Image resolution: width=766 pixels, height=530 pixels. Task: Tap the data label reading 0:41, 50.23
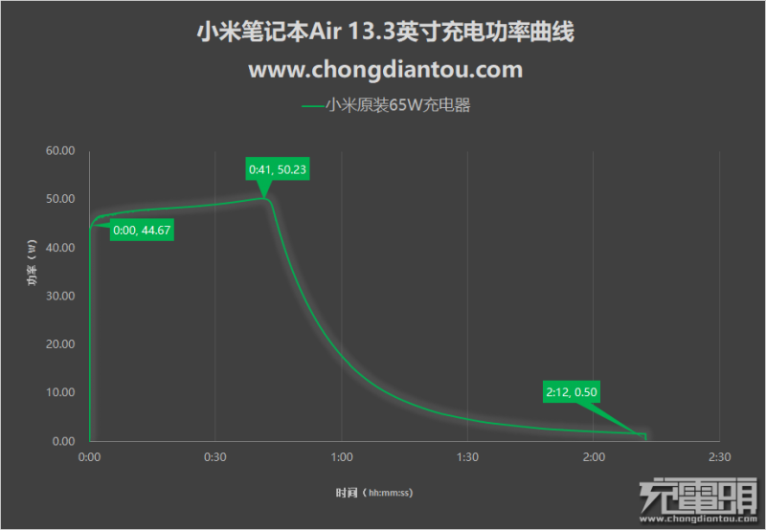[x=279, y=170]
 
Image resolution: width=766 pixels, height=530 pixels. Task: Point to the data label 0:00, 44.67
[x=142, y=231]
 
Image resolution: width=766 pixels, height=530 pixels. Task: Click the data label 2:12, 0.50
[x=572, y=391]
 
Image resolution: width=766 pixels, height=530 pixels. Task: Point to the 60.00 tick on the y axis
[x=59, y=151]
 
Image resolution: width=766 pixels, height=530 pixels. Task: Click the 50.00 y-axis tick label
[x=59, y=200]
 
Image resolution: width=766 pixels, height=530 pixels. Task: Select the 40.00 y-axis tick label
[x=59, y=248]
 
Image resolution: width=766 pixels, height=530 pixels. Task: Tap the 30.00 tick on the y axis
[x=59, y=297]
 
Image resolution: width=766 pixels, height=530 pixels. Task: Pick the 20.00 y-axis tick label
[x=59, y=344]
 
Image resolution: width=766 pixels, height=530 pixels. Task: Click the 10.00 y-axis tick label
[x=59, y=393]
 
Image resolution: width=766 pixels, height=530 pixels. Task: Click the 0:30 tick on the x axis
[x=215, y=457]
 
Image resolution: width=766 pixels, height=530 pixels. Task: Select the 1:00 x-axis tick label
[x=341, y=457]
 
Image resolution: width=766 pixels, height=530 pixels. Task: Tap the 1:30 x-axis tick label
[x=467, y=457]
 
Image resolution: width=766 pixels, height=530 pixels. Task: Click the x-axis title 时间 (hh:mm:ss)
[x=373, y=493]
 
